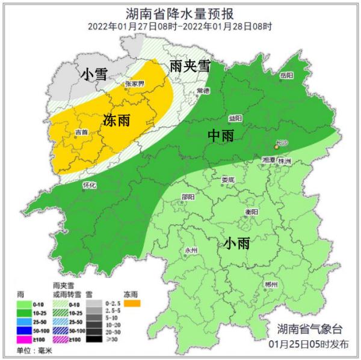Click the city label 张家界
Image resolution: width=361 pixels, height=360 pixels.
click(x=134, y=85)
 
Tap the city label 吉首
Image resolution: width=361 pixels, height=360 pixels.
click(x=81, y=132)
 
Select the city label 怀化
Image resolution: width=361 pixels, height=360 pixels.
click(x=89, y=186)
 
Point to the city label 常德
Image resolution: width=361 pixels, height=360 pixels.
click(x=203, y=91)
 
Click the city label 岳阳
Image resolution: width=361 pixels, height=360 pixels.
click(x=286, y=76)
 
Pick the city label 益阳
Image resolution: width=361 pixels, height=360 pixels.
click(x=235, y=118)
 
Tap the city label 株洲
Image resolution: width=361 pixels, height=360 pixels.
click(x=284, y=162)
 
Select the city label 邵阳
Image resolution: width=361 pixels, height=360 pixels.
click(x=188, y=197)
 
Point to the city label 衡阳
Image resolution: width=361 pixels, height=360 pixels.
click(x=252, y=212)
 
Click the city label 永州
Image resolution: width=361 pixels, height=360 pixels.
click(x=191, y=249)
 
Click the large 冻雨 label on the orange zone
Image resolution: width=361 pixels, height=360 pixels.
click(x=117, y=120)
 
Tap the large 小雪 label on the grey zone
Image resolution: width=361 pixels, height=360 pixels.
click(x=94, y=74)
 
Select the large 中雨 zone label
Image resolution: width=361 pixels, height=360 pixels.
click(x=220, y=136)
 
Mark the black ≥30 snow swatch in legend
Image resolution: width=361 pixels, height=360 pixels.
click(x=93, y=339)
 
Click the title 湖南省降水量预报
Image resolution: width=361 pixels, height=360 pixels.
click(x=180, y=13)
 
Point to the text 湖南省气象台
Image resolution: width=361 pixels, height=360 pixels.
click(x=309, y=329)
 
